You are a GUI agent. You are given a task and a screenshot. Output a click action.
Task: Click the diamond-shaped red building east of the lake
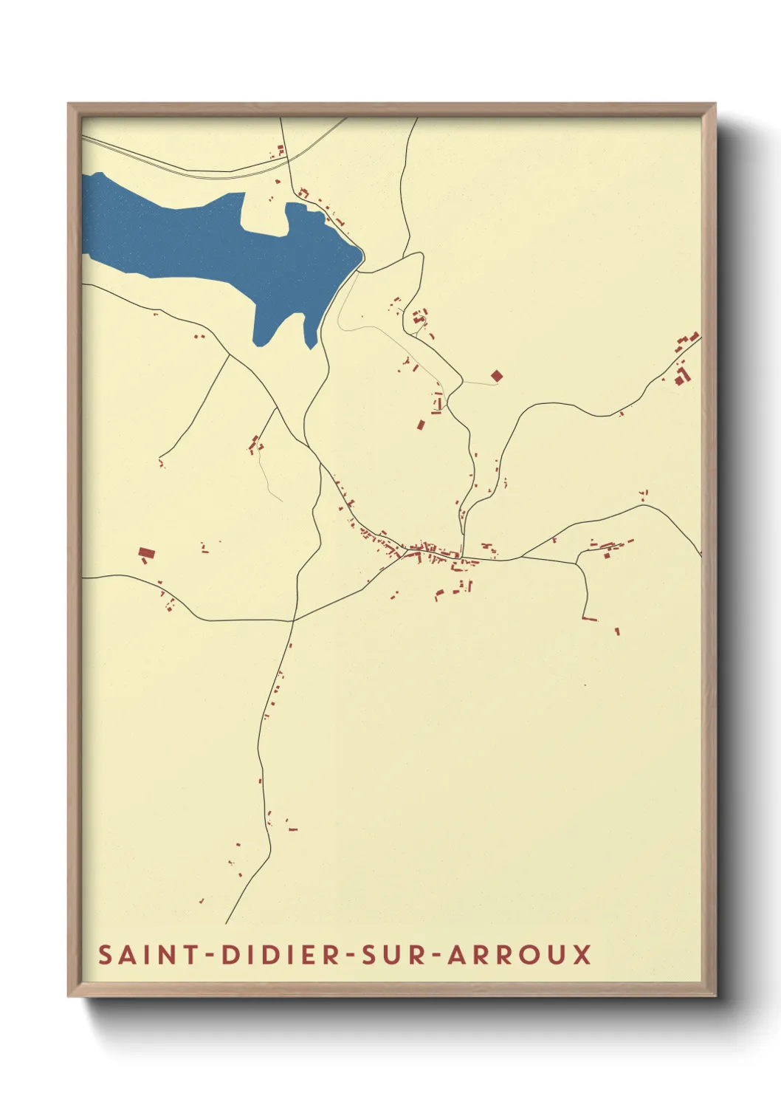(497, 376)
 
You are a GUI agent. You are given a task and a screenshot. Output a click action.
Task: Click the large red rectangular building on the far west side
(146, 552)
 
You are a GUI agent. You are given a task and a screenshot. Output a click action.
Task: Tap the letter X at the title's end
(582, 954)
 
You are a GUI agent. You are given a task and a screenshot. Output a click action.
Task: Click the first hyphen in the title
(210, 956)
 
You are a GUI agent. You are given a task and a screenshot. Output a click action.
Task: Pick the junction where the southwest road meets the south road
(294, 620)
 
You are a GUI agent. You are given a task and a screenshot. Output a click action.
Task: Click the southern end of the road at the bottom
(227, 922)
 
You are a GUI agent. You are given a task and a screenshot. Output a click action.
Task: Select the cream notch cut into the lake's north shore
(264, 214)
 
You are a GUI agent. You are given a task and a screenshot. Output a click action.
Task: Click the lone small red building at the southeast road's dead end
(617, 631)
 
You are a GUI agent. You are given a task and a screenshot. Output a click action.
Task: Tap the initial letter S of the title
(105, 954)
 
